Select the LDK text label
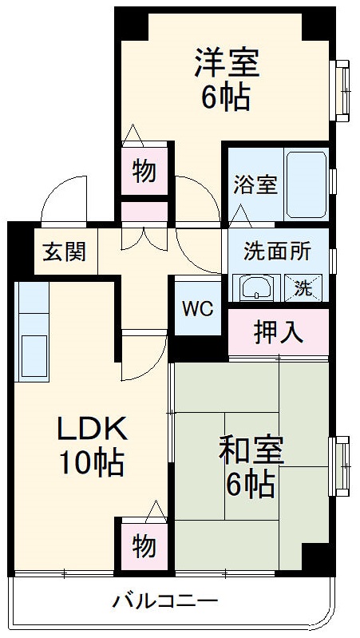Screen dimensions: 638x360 [x=91, y=431]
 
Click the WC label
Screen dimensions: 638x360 [x=196, y=308]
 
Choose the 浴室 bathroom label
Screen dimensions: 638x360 [x=255, y=184]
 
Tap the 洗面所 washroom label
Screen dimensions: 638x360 [x=276, y=251]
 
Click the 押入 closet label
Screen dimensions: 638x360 [x=278, y=331]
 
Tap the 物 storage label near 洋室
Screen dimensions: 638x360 [x=144, y=171]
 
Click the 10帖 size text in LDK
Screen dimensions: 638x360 [x=91, y=462]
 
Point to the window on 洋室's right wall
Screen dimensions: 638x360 [x=343, y=89]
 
